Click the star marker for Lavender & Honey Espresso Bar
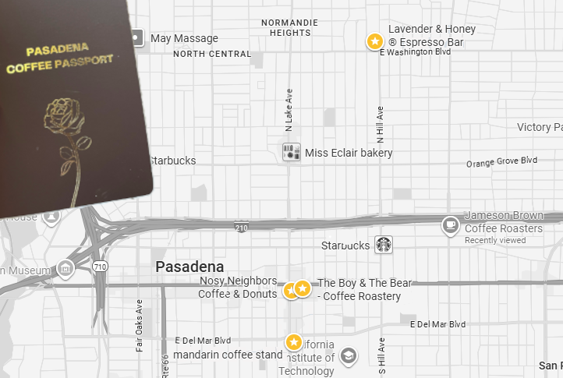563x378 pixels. (375, 41)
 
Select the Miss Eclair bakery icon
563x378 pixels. (292, 152)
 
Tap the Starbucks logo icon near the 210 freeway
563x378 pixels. (383, 245)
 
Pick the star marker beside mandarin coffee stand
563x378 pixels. (294, 342)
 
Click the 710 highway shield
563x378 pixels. (100, 267)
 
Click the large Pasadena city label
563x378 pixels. (189, 267)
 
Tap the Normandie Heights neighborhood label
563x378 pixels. (291, 27)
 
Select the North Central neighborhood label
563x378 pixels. (212, 55)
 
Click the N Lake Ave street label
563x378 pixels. (289, 108)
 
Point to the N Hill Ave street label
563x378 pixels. (381, 125)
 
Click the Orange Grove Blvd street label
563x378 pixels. (501, 162)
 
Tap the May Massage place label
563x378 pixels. (184, 38)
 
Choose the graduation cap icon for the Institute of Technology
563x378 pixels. (349, 355)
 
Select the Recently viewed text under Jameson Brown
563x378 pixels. (495, 240)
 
